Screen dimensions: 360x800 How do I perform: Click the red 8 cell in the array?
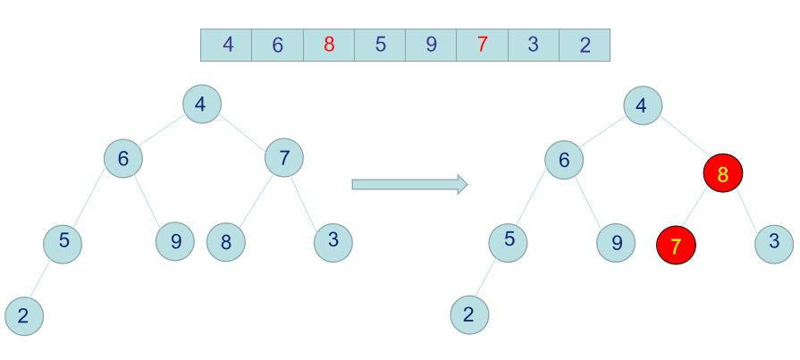[x=329, y=45]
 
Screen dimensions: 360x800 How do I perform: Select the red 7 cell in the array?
[x=482, y=45]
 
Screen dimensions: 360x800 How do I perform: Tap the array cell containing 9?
[x=431, y=45]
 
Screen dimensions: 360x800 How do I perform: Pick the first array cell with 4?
[x=226, y=45]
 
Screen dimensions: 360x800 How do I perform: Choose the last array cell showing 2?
[x=585, y=45]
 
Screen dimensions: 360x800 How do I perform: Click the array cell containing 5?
[x=380, y=45]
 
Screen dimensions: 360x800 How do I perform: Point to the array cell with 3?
[x=534, y=45]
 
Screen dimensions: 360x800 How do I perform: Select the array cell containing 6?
[x=277, y=45]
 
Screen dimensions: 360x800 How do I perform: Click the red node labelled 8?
[x=723, y=173]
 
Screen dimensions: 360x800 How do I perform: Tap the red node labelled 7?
[x=676, y=244]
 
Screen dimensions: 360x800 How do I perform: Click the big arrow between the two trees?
[x=409, y=184]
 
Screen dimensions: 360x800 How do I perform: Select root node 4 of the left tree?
[x=201, y=105]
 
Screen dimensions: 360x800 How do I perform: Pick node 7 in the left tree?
[x=284, y=159]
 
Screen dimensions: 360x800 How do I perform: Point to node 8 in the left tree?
[x=226, y=241]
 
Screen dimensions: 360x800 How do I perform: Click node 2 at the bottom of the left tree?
[x=23, y=315]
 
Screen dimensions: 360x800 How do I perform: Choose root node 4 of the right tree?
[x=642, y=105]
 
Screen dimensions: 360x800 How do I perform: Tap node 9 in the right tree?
[x=616, y=241]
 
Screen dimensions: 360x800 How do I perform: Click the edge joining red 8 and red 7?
[x=699, y=209]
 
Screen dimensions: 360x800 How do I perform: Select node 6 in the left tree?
[x=123, y=159]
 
